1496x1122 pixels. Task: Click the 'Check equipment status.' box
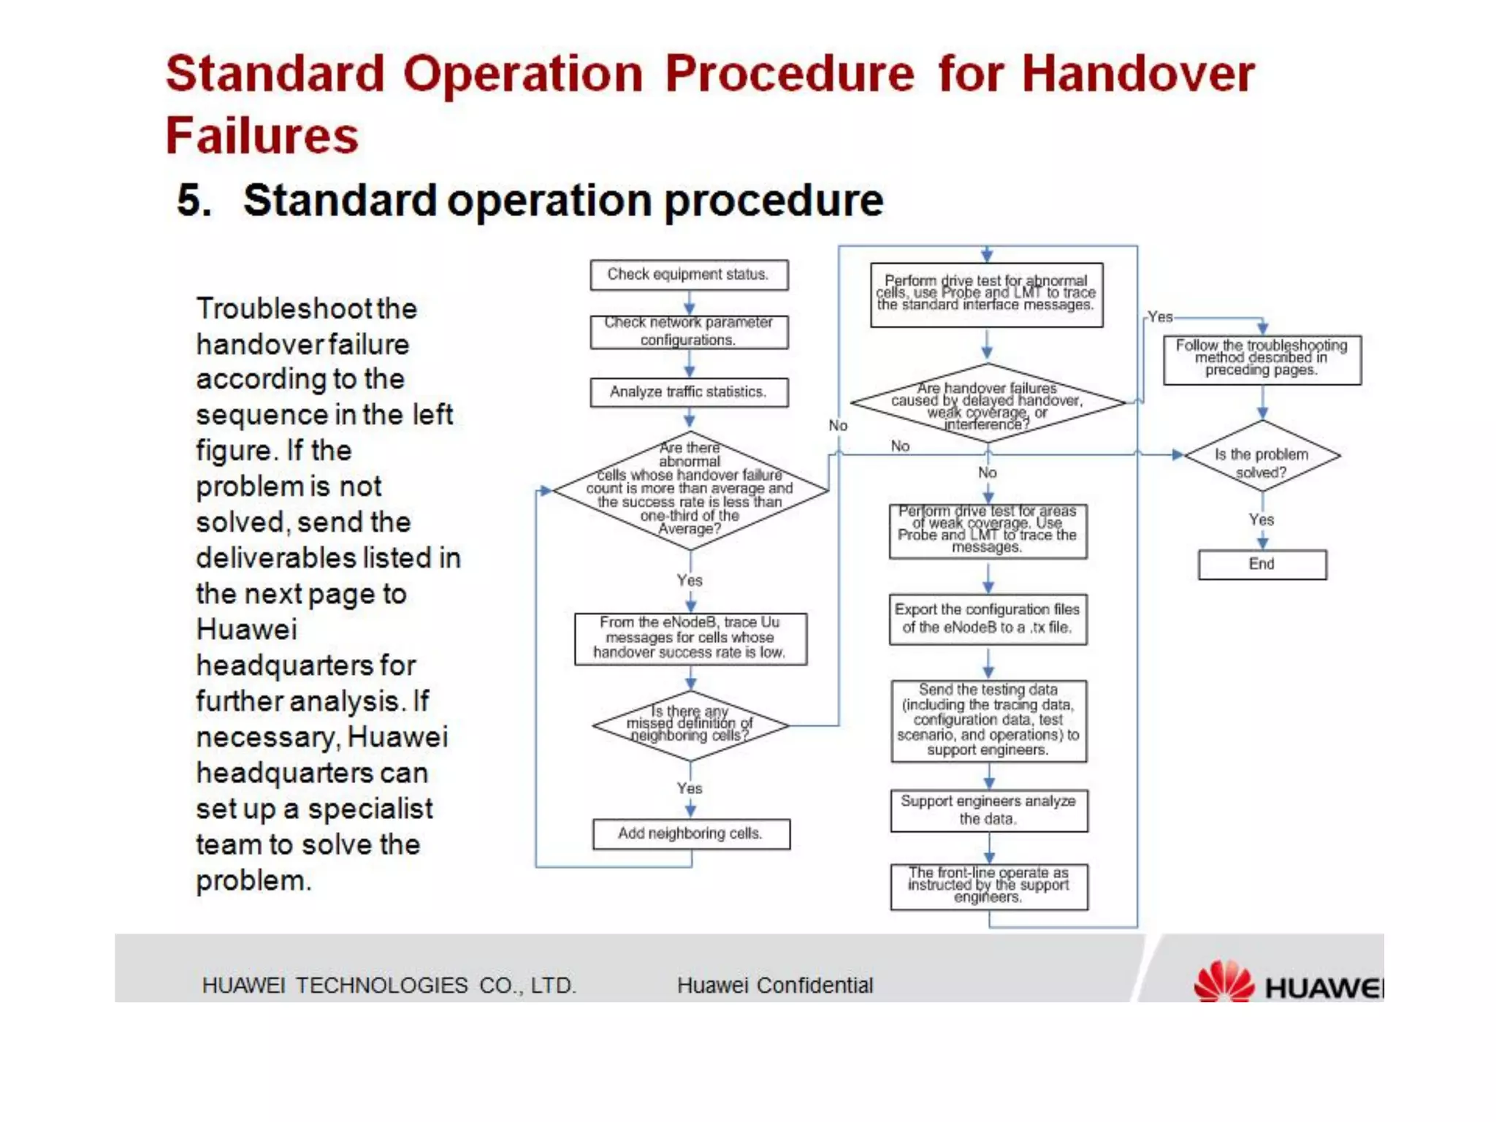689,275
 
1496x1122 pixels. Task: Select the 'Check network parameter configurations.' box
689,332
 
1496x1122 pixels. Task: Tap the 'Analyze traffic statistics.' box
689,392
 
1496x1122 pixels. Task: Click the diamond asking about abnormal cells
690,489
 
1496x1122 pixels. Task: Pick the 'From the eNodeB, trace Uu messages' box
690,638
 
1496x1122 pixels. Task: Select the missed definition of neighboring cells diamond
690,725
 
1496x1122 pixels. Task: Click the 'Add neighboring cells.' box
690,833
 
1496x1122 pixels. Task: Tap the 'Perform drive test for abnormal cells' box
986,294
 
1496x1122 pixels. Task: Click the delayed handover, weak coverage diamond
988,403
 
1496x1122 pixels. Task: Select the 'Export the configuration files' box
988,619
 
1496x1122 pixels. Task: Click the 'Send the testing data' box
988,720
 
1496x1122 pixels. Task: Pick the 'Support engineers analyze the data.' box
988,810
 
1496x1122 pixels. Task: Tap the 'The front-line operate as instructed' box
988,886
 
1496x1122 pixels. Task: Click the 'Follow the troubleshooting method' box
1262,359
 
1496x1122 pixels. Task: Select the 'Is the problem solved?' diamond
1262,456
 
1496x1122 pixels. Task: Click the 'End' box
1262,564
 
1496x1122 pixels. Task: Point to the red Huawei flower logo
1224,982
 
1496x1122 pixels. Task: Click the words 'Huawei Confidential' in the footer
774,985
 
